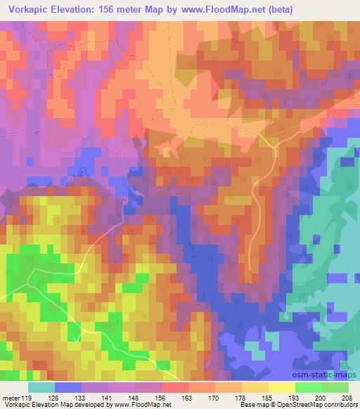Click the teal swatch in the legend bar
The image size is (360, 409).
point(41,387)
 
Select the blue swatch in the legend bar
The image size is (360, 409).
point(67,387)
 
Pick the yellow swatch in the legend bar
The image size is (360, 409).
point(281,387)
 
